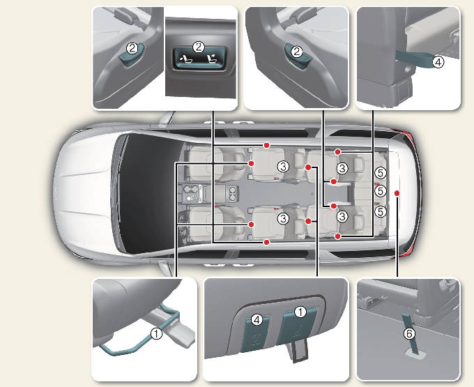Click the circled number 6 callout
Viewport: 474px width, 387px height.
point(409,333)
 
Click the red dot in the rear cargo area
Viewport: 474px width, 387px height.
point(397,193)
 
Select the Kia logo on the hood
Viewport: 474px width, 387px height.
point(56,194)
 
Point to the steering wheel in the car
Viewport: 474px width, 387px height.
point(183,225)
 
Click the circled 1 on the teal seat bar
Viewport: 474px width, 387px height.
point(156,333)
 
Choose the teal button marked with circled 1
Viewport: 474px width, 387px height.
point(297,328)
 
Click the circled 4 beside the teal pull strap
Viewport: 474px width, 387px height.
point(438,62)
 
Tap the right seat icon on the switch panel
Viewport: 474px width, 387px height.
point(212,59)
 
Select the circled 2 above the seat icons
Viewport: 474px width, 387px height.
point(199,47)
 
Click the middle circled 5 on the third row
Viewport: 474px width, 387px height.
point(381,191)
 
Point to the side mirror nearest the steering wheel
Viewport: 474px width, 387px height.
point(164,268)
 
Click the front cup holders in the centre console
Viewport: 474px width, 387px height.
point(190,190)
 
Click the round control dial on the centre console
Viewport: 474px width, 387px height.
point(190,199)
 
